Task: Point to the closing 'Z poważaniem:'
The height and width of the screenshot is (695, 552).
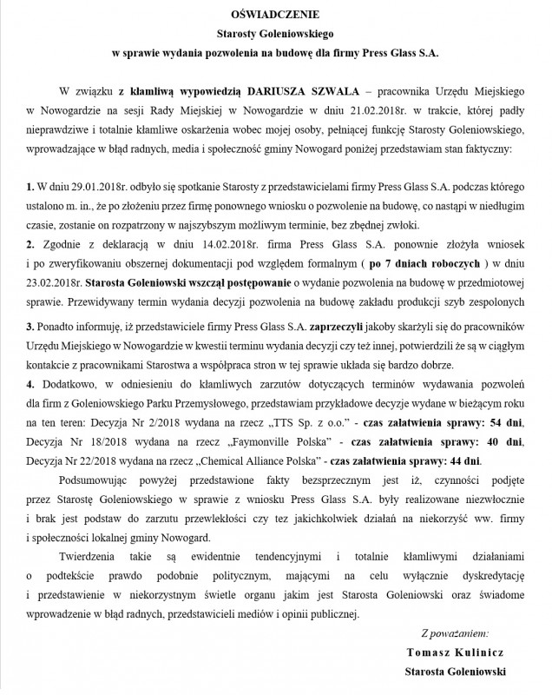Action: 455,633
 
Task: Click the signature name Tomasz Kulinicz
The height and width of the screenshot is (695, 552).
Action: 455,652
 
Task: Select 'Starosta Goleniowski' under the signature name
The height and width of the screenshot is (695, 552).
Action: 455,672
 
